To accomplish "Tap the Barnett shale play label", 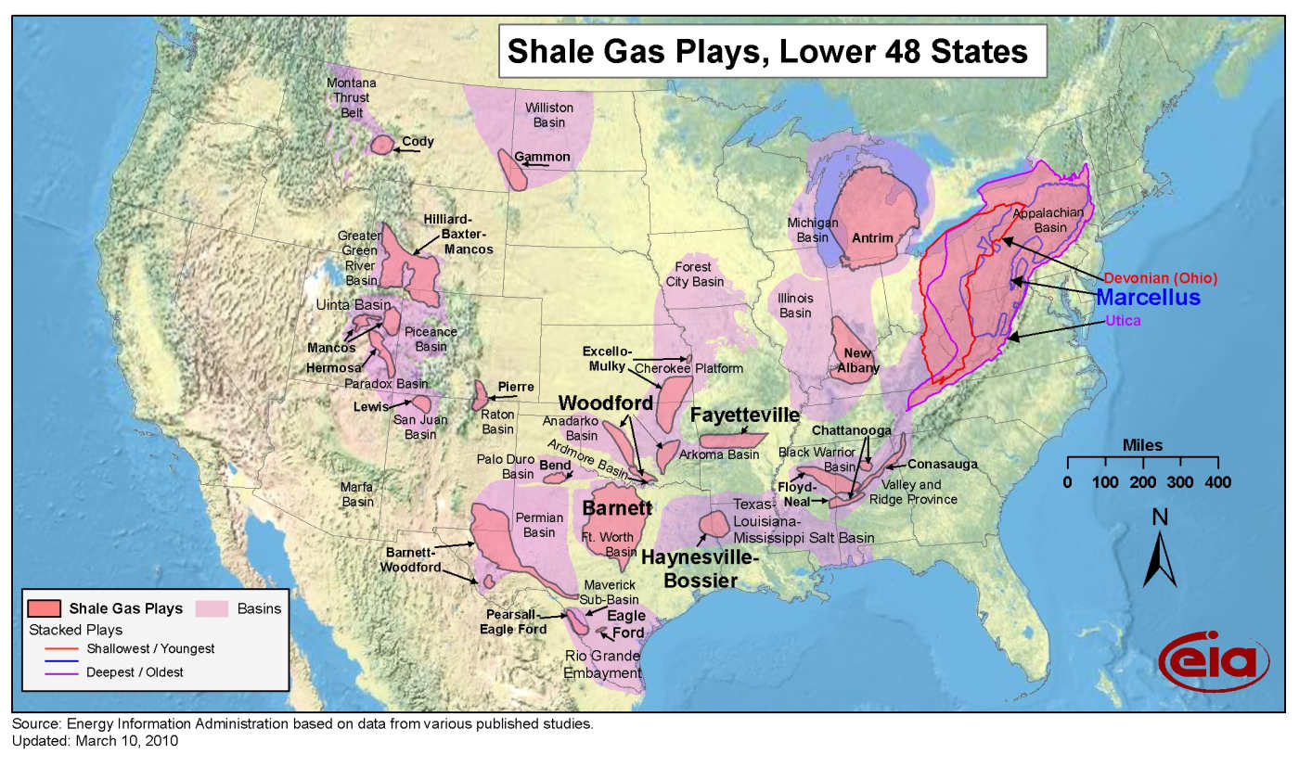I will coord(616,507).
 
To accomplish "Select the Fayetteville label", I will coord(744,415).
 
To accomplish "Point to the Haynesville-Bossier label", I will coord(701,569).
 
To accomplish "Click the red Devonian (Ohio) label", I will coord(1161,277).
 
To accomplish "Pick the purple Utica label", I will coord(1123,321).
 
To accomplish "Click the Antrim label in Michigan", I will coord(872,238).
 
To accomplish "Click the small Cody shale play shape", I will coord(381,144).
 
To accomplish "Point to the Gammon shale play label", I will coord(543,157).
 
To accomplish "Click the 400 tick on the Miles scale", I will coord(1217,481).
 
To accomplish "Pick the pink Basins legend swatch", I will coord(212,608).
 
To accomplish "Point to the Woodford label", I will coord(606,403).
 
